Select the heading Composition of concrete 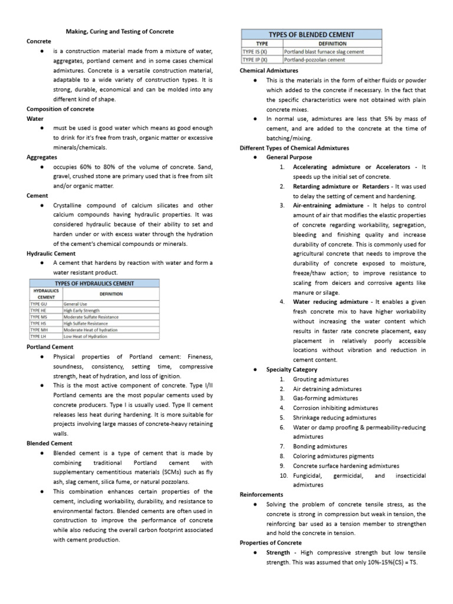pos(60,109)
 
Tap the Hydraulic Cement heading pos(51,253)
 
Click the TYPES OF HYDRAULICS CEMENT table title pos(94,283)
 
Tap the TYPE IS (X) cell pos(255,52)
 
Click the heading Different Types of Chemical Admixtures pos(294,147)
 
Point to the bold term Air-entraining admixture pos(328,205)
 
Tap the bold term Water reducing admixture pos(330,302)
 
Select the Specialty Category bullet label pos(292,369)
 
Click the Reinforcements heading pos(261,494)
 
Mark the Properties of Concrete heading pos(271,543)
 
